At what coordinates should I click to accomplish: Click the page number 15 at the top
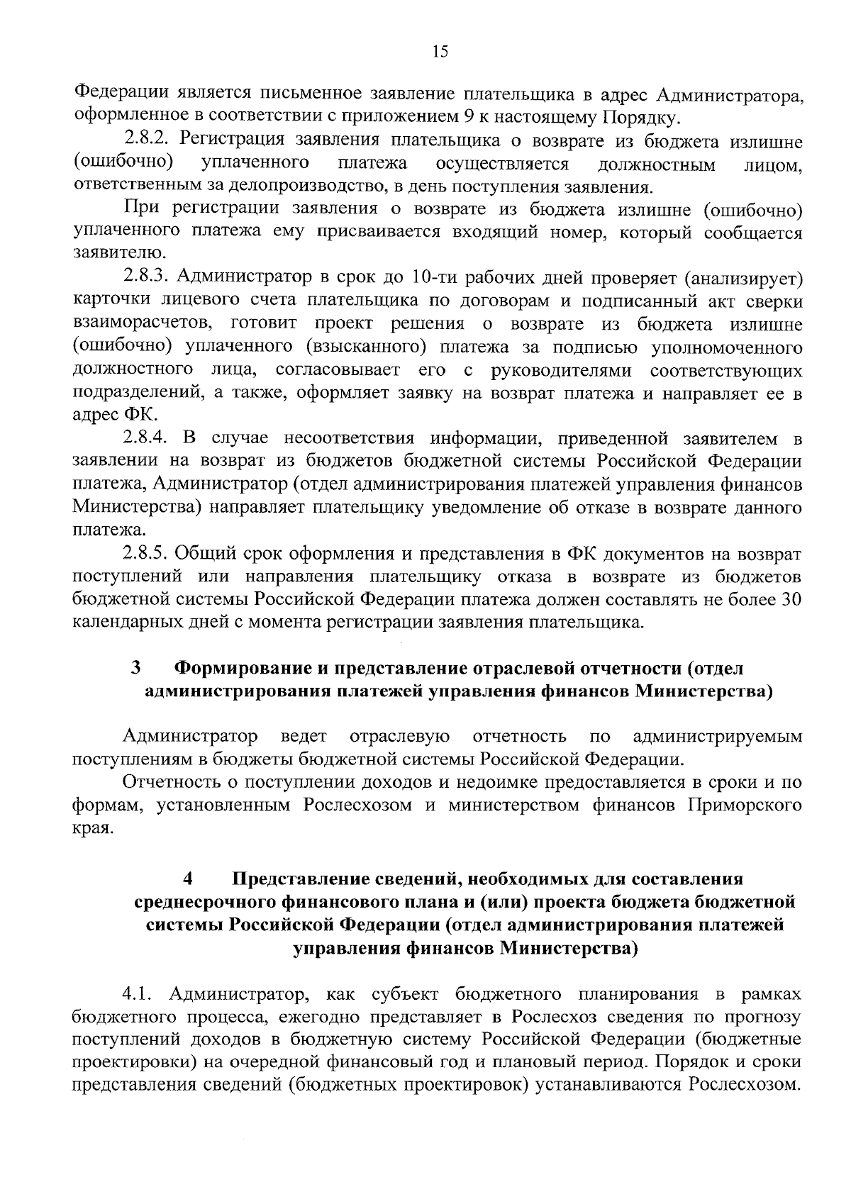coord(440,51)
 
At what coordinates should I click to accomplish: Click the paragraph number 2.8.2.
coord(147,141)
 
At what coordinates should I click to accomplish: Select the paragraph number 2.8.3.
coord(147,278)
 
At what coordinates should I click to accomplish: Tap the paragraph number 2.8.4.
coord(147,438)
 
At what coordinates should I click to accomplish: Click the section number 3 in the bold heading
coord(135,668)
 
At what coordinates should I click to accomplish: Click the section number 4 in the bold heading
coord(187,879)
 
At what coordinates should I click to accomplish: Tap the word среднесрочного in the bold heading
coord(205,902)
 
